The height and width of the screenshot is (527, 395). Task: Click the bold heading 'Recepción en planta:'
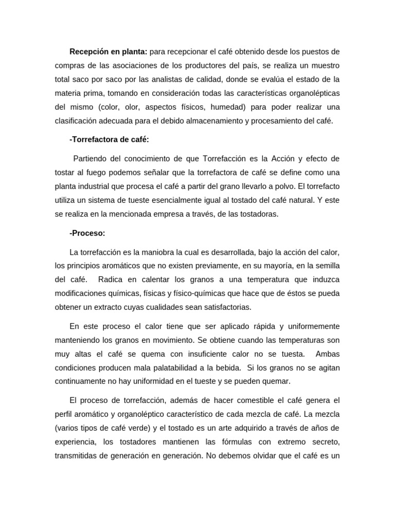pos(109,51)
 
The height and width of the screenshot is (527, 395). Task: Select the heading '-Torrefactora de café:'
pos(109,139)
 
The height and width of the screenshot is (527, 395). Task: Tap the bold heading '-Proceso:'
pos(87,233)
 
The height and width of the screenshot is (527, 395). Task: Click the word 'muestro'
pos(324,65)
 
